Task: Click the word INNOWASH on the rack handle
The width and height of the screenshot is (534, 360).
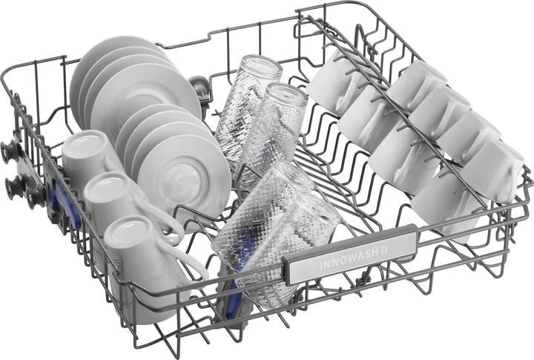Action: [x=349, y=259]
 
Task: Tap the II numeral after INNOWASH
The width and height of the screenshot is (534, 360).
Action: [x=384, y=249]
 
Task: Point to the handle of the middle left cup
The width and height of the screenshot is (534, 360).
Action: [x=160, y=214]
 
